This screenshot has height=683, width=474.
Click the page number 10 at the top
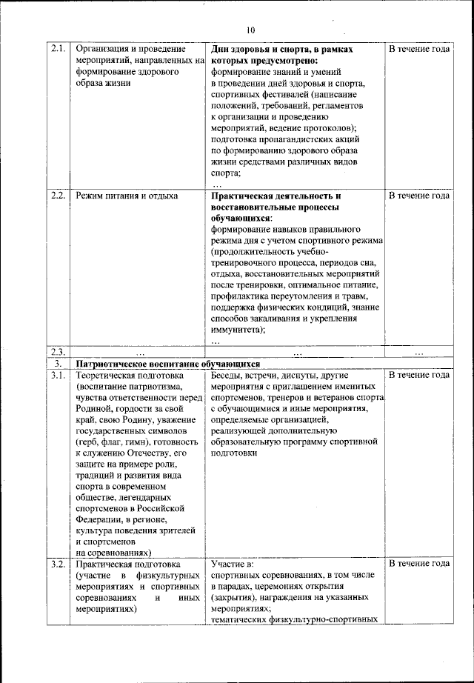tap(250, 30)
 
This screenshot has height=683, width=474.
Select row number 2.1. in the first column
tap(59, 49)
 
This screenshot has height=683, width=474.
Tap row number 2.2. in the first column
tap(59, 196)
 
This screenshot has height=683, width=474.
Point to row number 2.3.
tap(59, 352)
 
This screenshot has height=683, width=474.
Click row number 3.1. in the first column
tap(59, 375)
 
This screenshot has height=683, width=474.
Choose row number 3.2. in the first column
tap(59, 564)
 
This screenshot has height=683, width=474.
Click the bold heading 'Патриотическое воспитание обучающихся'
tap(167, 364)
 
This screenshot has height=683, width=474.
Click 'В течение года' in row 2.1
tap(419, 49)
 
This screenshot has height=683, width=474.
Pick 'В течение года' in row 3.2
tap(419, 564)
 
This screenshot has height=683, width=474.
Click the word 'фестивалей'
tap(286, 96)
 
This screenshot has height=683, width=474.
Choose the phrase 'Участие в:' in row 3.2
tap(233, 564)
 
